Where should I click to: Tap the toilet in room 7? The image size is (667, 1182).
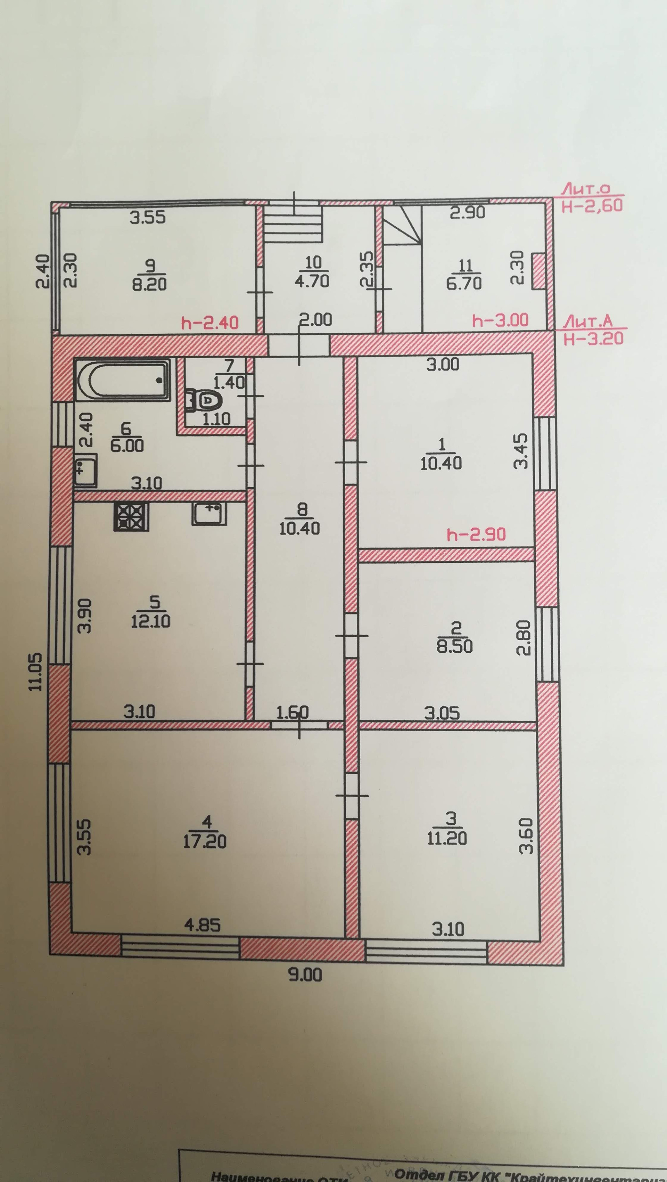click(x=205, y=401)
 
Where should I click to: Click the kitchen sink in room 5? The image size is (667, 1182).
click(x=209, y=513)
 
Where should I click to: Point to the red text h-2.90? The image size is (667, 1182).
click(x=476, y=535)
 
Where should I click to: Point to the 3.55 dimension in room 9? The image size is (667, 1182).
click(x=147, y=217)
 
